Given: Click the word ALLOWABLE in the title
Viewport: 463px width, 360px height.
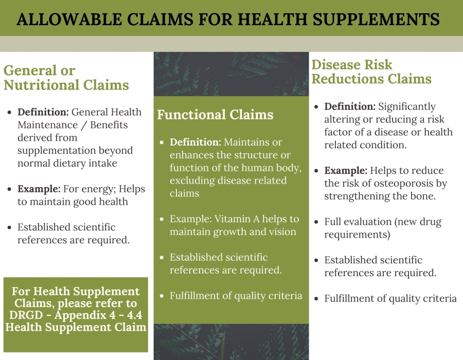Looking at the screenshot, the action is pos(69,19).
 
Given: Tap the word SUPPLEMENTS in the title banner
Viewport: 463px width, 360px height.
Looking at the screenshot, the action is pos(376,19).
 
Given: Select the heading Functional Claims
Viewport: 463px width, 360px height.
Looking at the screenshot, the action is pos(215,115).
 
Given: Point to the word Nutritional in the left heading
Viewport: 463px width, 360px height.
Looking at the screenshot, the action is pos(41,85).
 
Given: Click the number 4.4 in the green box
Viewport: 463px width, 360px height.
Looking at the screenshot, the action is pos(134,315).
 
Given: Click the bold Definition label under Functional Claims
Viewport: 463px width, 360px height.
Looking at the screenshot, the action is pos(195,142).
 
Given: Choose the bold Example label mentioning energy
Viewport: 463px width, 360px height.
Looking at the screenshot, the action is pos(39,189).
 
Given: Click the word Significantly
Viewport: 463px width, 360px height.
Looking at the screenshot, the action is pos(406,107).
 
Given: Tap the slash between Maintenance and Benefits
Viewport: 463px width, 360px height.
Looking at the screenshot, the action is pos(84,125).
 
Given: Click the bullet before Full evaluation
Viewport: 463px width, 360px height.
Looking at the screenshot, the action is pos(316,222).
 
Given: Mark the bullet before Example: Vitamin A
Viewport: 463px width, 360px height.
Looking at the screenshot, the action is pos(162,219).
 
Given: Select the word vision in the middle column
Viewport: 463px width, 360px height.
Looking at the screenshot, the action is pos(282,231).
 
